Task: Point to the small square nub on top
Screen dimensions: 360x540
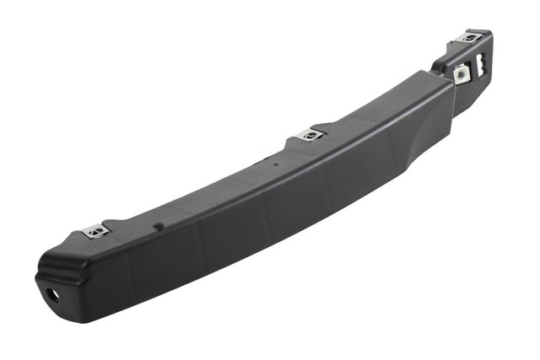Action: click(157, 226)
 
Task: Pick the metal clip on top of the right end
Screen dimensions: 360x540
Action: click(471, 36)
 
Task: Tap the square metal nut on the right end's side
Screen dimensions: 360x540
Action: click(461, 75)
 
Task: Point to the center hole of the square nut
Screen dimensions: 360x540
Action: click(461, 75)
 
